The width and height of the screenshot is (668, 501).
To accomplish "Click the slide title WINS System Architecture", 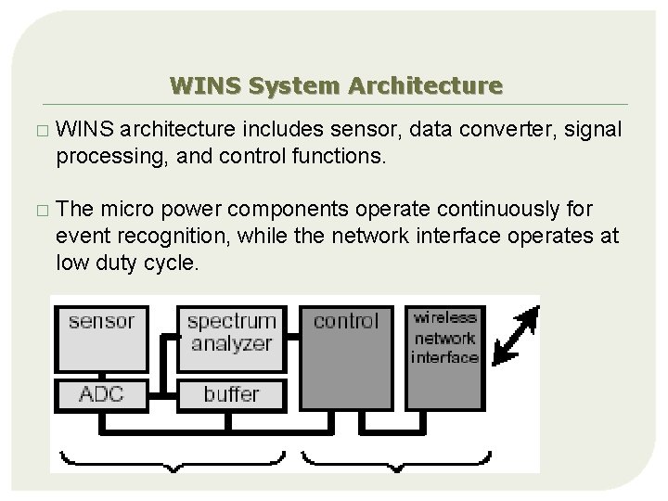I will pyautogui.click(x=336, y=86).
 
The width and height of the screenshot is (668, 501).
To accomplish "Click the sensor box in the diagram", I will pyautogui.click(x=101, y=340).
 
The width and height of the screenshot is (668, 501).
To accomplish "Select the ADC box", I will pyautogui.click(x=101, y=393).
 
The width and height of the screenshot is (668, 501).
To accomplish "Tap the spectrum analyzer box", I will pyautogui.click(x=231, y=333).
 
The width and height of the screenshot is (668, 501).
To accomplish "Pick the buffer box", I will pyautogui.click(x=231, y=393).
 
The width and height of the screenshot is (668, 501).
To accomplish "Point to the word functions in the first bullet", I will pyautogui.click(x=332, y=155).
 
